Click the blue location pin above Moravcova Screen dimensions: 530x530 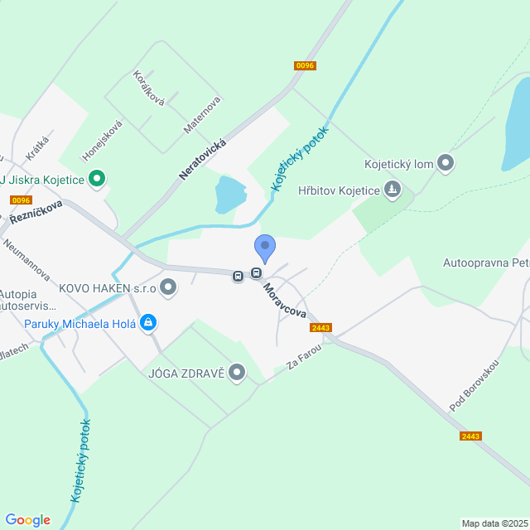pos(264,248)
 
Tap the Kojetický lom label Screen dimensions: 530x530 pos(400,164)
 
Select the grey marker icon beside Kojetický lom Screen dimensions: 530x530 pos(446,163)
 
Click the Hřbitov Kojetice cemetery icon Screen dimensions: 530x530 pos(393,190)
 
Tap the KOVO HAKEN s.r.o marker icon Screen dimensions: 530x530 pos(168,287)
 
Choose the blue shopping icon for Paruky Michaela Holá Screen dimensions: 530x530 pos(148,322)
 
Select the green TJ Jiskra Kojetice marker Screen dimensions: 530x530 pos(97,178)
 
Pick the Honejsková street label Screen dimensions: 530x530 pos(102,140)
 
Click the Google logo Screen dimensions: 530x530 pos(27,520)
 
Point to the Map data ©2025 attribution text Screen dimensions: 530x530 pos(494,523)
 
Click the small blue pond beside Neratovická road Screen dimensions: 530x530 pos(230,195)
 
